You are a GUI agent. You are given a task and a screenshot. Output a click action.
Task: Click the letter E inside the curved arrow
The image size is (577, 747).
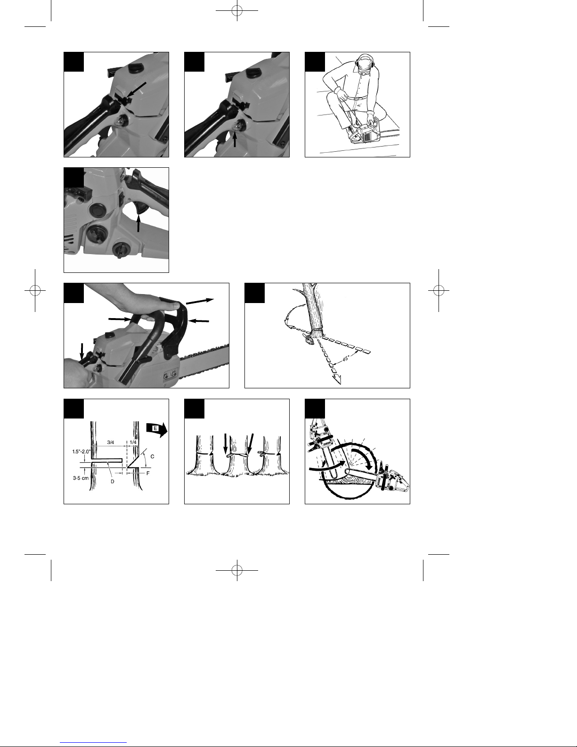tap(155, 428)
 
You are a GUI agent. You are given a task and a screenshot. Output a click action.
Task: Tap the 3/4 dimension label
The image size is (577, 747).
tap(111, 443)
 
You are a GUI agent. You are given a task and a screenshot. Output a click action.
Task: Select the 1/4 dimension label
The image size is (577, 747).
tap(133, 443)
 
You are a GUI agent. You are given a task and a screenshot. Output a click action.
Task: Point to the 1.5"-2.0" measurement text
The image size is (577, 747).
tap(81, 451)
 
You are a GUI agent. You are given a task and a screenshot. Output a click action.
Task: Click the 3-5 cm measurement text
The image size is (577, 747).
tap(81, 478)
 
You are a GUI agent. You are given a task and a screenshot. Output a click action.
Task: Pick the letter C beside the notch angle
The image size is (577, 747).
tap(153, 457)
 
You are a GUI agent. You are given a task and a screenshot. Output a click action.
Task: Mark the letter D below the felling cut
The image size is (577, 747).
tap(112, 482)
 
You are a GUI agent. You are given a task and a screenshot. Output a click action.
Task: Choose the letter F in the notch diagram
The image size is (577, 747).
tap(148, 473)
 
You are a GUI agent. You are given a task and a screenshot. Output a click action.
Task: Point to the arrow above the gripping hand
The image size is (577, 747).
tap(200, 301)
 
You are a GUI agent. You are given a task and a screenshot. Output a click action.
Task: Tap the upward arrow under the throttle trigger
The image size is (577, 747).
tap(138, 222)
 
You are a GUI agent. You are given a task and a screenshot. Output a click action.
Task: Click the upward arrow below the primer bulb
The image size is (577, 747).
tap(235, 140)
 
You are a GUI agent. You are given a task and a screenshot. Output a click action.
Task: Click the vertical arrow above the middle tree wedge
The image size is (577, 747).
tap(225, 444)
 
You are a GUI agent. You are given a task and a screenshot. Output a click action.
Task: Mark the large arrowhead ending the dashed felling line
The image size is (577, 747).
tap(336, 379)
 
